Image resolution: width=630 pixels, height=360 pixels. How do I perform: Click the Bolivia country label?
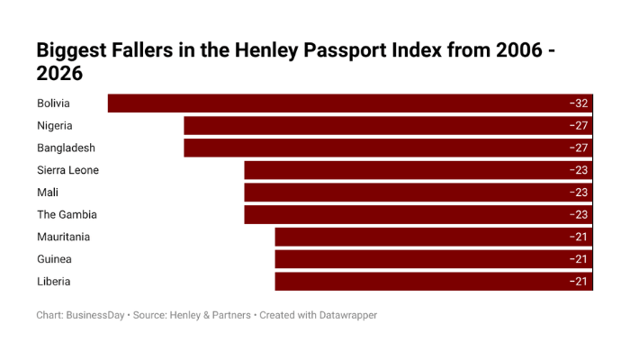click(53, 103)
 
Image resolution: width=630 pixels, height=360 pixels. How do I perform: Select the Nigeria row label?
click(55, 126)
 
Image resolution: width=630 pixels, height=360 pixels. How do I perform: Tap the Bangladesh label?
click(66, 148)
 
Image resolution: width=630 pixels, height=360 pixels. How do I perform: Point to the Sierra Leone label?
click(67, 170)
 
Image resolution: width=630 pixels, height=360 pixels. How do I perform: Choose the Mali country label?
click(48, 193)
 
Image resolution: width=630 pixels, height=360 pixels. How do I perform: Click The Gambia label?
click(67, 215)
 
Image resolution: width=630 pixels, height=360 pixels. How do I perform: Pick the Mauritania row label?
click(64, 237)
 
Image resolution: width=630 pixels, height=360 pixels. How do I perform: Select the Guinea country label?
click(54, 259)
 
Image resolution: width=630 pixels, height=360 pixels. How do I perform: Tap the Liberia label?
click(54, 282)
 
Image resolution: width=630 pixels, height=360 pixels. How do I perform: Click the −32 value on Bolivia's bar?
click(578, 103)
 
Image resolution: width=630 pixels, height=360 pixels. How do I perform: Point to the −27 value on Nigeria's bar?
click(578, 126)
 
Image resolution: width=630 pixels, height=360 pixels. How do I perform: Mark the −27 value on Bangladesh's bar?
click(578, 148)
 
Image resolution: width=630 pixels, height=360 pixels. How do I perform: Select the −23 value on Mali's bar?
click(578, 193)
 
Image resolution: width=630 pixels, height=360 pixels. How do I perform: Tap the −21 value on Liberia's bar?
click(578, 282)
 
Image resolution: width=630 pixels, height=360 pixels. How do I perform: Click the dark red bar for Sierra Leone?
click(405, 170)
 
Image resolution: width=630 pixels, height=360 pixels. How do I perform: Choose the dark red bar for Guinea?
click(423, 259)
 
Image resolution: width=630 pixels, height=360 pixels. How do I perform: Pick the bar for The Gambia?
click(405, 215)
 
